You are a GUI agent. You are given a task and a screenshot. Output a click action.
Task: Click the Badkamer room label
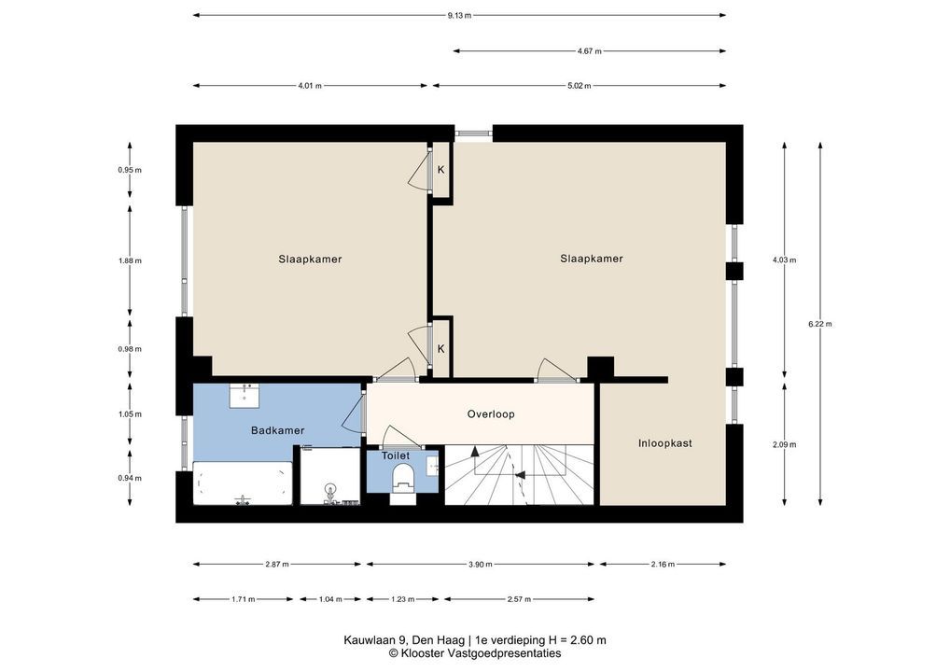click(x=277, y=431)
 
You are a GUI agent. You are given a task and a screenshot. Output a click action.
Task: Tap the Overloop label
click(x=491, y=414)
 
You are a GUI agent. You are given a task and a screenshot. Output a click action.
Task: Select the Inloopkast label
click(x=664, y=443)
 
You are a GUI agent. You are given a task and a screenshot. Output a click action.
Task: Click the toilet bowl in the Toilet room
click(x=402, y=476)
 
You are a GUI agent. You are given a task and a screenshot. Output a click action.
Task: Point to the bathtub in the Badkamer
click(x=243, y=483)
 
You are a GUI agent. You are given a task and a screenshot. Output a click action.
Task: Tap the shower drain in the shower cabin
click(x=330, y=488)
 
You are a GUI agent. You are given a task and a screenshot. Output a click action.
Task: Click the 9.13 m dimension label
click(x=459, y=16)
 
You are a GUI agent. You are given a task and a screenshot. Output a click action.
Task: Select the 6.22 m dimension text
click(x=819, y=324)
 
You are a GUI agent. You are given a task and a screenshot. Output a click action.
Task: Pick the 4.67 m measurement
click(x=590, y=51)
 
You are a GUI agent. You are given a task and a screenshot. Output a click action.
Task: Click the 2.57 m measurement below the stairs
click(x=519, y=599)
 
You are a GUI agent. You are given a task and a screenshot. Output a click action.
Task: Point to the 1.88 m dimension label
click(x=130, y=261)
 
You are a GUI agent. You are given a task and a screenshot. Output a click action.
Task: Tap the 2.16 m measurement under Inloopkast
click(x=663, y=564)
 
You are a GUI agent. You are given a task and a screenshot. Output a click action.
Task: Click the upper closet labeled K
click(x=441, y=170)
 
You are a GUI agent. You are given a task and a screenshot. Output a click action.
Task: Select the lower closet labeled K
click(x=441, y=349)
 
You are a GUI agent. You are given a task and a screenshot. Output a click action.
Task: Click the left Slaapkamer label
click(x=310, y=259)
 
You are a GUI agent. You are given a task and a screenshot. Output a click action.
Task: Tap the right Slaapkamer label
click(x=592, y=259)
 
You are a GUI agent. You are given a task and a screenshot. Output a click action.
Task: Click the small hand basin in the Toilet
click(x=433, y=464)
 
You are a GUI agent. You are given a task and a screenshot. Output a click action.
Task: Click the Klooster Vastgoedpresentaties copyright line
click(x=475, y=653)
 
